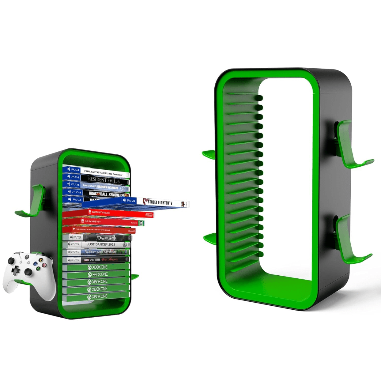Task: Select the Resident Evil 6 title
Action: tap(104, 180)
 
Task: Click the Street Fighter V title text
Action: tap(160, 202)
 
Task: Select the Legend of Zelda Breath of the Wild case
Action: tap(98, 229)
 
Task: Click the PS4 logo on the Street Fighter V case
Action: tap(129, 201)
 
